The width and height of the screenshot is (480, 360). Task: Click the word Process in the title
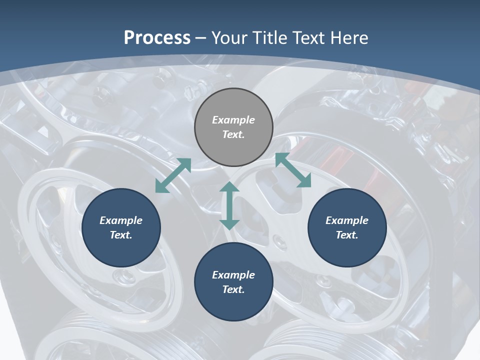157,37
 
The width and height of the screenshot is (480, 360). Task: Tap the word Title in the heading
270,37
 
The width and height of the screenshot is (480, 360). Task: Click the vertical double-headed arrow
229,205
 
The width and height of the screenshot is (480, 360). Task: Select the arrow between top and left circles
173,175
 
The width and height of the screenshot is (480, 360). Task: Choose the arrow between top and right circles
293,170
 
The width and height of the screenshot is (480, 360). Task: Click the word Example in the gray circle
233,120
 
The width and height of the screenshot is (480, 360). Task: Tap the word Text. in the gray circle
233,134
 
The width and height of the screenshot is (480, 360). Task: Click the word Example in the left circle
121,220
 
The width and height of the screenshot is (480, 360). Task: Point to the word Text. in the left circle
121,235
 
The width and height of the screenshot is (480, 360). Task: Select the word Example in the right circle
347,220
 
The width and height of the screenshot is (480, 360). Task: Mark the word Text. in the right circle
347,235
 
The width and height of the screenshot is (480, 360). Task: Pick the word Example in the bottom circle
233,275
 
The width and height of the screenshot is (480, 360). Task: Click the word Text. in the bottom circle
233,289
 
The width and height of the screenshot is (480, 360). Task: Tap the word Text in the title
309,37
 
